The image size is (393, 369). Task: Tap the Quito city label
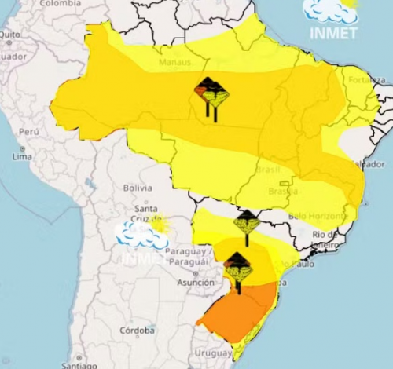[10, 35]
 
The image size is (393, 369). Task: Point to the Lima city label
[22, 157]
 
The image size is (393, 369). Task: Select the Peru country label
[29, 132]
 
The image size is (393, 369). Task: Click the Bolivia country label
[137, 188]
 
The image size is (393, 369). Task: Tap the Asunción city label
[196, 283]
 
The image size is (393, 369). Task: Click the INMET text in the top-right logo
[332, 34]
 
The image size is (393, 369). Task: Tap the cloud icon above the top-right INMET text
[330, 11]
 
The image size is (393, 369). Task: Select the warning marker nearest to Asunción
[237, 269]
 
